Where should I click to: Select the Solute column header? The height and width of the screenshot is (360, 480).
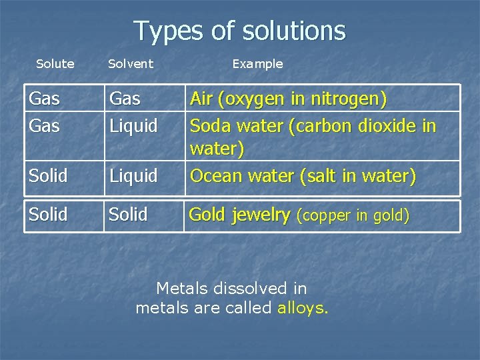click(x=55, y=64)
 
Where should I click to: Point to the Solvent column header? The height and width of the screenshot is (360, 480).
click(x=131, y=64)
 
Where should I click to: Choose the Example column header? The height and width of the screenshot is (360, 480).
click(x=257, y=64)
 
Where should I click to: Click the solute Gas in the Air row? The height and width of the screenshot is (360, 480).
click(x=45, y=99)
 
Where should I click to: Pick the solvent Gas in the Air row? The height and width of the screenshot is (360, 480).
click(x=125, y=99)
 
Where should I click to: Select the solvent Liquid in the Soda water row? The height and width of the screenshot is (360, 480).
click(x=133, y=125)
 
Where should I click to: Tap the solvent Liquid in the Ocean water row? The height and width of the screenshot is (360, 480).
click(x=133, y=177)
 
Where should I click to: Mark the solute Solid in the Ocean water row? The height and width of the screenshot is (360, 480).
click(x=48, y=177)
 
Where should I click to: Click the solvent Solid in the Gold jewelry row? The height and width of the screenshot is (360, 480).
click(x=128, y=215)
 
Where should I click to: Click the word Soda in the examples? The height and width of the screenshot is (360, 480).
click(x=209, y=125)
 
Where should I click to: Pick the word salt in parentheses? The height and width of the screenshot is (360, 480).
click(x=322, y=176)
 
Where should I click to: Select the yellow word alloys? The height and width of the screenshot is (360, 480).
click(x=303, y=308)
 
